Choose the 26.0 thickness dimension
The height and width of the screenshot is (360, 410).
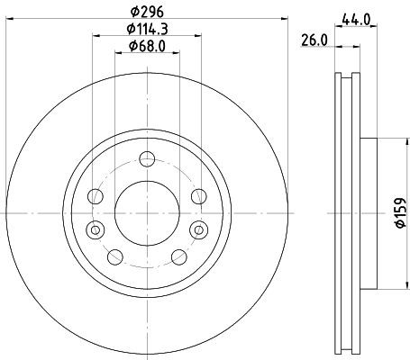coord(312,40)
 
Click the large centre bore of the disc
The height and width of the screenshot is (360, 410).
coord(145,212)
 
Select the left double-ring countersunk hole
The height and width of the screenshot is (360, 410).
coord(92,229)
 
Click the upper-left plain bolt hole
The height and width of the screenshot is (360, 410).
coord(94,196)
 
